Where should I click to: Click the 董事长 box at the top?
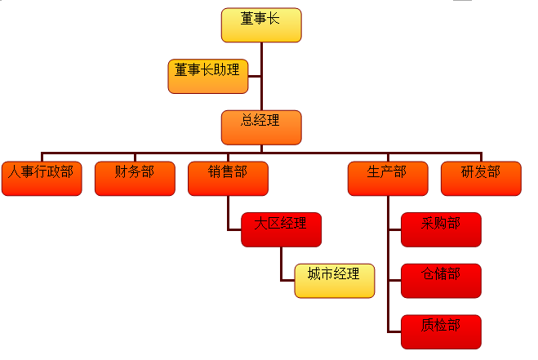coord(261,25)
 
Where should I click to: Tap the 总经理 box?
coord(261,127)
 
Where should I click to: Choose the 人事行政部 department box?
coord(42,179)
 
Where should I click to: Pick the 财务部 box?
coord(135,179)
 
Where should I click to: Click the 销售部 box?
coord(228,179)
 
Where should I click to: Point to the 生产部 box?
coord(388,179)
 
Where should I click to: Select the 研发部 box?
coord(481,179)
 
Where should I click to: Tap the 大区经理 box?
coord(282,229)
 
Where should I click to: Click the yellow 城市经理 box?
coord(335,280)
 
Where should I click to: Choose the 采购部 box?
coord(442,229)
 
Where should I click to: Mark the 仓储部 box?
coord(442,281)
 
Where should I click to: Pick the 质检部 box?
coord(442,331)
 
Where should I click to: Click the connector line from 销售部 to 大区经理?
coord(228,214)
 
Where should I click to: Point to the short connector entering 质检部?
coord(394,331)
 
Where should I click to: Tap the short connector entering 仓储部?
coord(394,281)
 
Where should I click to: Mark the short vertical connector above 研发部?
coord(481,157)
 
